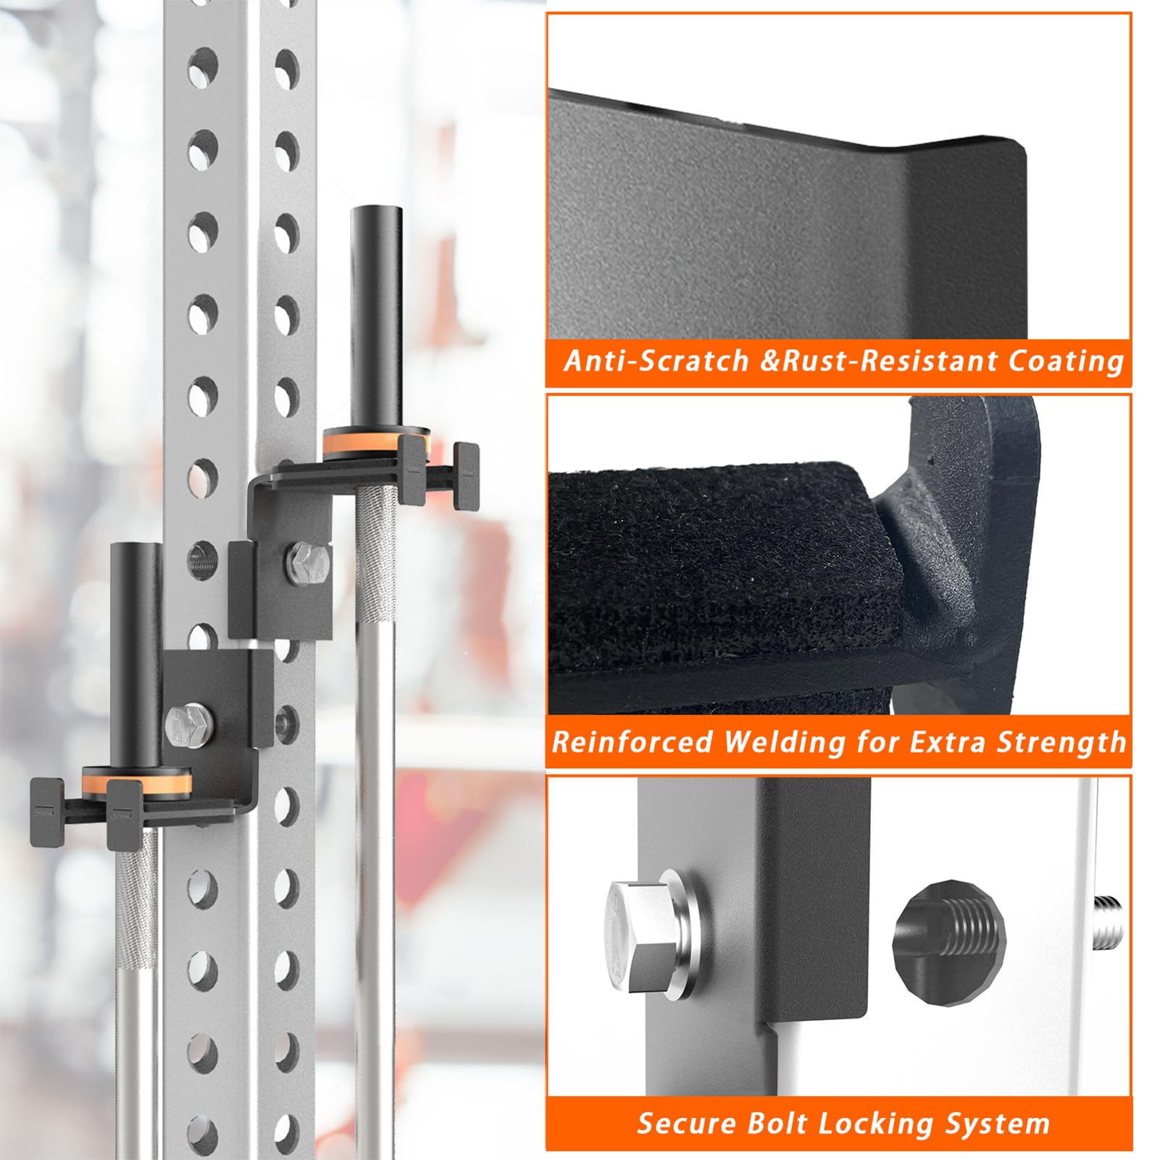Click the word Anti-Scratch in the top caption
click(656, 360)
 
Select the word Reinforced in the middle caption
click(632, 742)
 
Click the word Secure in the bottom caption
click(686, 1123)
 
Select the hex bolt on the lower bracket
click(188, 725)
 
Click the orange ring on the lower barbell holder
click(137, 783)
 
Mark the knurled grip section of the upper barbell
click(375, 554)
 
